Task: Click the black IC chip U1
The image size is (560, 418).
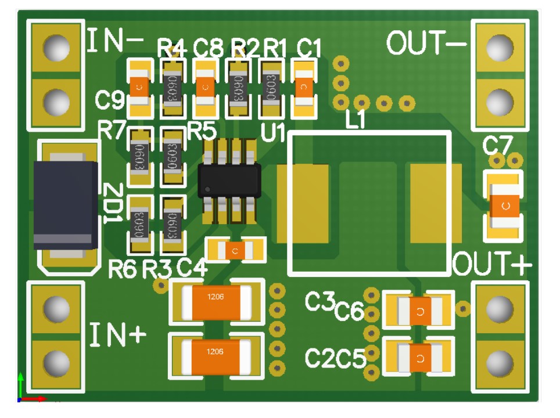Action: click(x=229, y=181)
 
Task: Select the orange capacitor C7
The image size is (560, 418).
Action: click(x=505, y=205)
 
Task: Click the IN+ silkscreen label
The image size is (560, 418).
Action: click(x=118, y=335)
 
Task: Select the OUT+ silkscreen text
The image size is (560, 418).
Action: click(x=491, y=265)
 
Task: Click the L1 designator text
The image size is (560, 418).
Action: click(x=355, y=121)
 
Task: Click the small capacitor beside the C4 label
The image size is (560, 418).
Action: click(x=235, y=250)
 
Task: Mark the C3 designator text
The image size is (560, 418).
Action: click(x=320, y=301)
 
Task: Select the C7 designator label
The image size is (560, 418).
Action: click(x=497, y=146)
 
